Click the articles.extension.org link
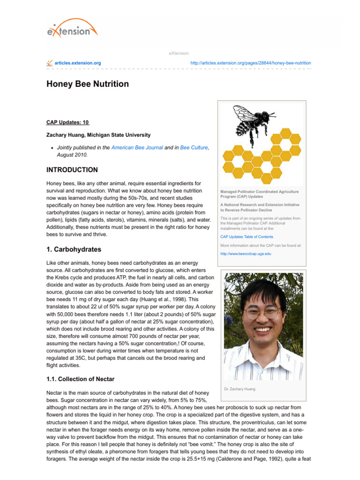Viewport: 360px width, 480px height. [77, 63]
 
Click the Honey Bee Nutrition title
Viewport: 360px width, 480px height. [87, 84]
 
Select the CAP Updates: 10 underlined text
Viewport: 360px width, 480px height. [67, 122]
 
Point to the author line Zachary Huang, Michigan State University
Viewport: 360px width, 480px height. [98, 135]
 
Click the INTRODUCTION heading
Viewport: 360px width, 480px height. [72, 170]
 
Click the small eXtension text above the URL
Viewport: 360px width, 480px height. [179, 53]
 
